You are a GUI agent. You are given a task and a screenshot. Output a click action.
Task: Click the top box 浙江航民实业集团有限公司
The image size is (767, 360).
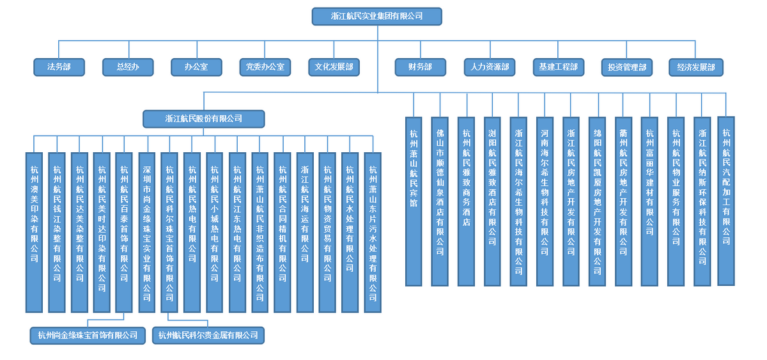[376, 17]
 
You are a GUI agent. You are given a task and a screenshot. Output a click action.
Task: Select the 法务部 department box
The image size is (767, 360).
[59, 67]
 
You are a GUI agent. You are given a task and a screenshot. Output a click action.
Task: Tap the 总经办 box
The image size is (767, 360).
[128, 67]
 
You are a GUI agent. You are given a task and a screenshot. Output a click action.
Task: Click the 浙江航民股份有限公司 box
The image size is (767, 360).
[203, 118]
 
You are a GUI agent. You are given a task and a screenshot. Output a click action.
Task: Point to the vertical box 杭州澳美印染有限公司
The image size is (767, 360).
[35, 231]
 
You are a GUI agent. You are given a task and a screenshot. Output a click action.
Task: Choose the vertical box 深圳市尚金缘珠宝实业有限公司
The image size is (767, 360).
[147, 231]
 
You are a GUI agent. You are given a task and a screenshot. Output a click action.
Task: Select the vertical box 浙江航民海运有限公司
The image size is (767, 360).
[305, 231]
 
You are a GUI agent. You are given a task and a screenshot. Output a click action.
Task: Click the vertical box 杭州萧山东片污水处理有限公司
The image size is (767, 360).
[373, 231]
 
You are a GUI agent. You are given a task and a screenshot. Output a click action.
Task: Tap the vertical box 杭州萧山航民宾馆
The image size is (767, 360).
[414, 201]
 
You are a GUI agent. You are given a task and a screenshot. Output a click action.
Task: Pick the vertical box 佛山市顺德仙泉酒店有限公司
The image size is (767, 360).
[440, 201]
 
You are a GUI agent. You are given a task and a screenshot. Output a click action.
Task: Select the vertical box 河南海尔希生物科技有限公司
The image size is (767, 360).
[545, 201]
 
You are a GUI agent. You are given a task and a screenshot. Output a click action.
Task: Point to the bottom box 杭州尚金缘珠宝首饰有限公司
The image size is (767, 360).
[88, 335]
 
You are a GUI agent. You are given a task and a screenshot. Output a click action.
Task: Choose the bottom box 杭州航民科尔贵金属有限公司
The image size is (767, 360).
[208, 335]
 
